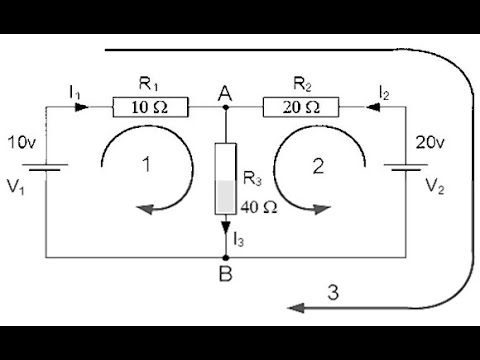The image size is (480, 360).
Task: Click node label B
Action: pos(228,272)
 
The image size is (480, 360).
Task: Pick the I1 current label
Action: pos(75,91)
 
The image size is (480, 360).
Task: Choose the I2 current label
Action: pos(384,91)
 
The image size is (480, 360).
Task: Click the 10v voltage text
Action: pos(23,142)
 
